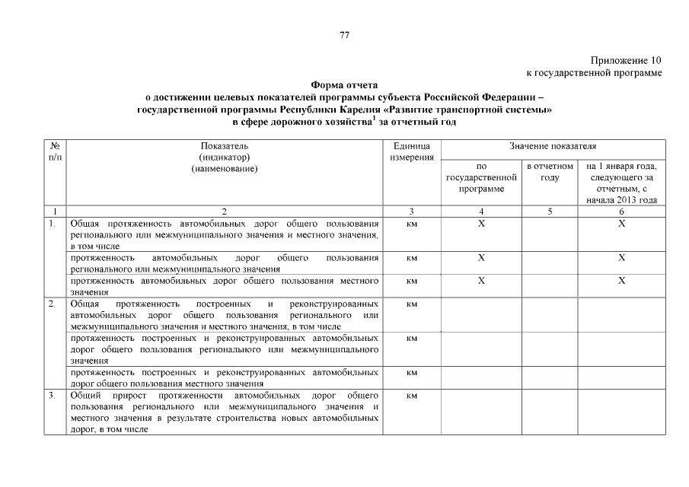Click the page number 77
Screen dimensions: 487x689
coord(344,35)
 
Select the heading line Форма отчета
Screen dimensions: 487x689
coord(344,85)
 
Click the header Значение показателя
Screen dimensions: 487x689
coord(552,145)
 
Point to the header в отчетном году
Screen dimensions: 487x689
coord(550,171)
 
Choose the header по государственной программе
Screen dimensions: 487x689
coord(481,177)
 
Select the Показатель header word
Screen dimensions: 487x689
coord(224,145)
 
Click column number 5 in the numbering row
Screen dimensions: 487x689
coord(550,211)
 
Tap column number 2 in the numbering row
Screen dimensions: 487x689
coord(224,211)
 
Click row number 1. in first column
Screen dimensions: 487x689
coord(52,224)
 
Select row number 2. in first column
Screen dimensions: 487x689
coord(52,304)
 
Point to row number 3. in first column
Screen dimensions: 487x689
coord(52,396)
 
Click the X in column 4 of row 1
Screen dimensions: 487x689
coord(481,224)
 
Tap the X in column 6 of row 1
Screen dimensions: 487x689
coord(621,224)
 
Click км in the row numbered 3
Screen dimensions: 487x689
coord(412,396)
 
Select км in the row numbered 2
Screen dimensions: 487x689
coord(412,304)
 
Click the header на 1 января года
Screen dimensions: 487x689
coord(621,165)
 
